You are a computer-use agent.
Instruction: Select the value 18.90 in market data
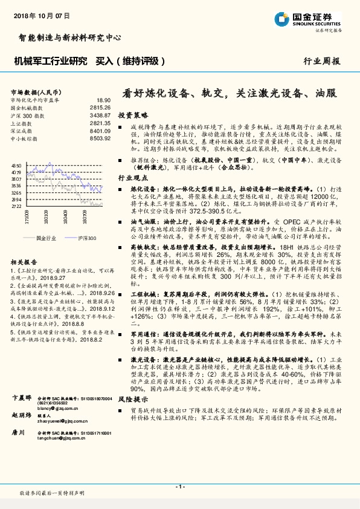point(103,100)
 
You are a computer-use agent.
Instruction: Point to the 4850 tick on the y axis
point(16,165)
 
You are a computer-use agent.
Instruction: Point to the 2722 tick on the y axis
point(16,206)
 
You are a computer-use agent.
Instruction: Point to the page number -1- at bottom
point(179,487)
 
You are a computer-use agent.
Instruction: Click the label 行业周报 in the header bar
point(321,61)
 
